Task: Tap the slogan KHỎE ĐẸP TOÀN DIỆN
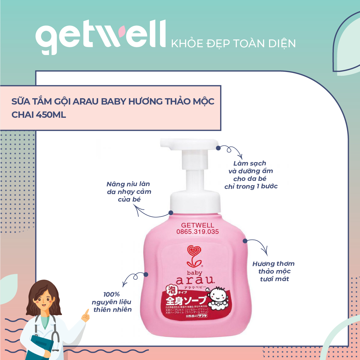click(x=233, y=43)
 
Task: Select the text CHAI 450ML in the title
click(x=39, y=115)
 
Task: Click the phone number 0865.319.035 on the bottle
click(x=197, y=232)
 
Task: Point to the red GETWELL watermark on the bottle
click(x=197, y=225)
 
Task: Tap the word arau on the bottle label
click(x=195, y=280)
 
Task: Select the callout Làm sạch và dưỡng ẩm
click(x=250, y=175)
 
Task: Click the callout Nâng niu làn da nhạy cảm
click(x=129, y=192)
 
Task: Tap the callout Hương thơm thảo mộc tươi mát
click(x=273, y=271)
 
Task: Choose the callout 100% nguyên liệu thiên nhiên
click(x=112, y=302)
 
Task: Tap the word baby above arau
click(x=195, y=273)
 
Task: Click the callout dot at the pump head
click(x=218, y=148)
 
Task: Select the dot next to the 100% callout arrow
click(x=146, y=274)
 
